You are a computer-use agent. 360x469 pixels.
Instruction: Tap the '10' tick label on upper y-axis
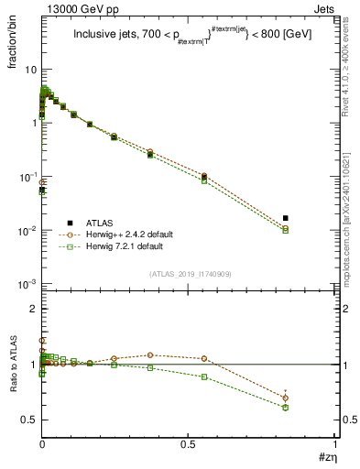tap(30, 71)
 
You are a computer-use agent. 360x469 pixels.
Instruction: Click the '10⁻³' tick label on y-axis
tap(27, 284)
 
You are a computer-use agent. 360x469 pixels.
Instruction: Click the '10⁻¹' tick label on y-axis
tap(27, 177)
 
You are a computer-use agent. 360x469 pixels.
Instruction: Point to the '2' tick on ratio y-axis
tap(33, 310)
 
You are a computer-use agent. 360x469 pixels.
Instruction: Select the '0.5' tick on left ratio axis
tap(29, 420)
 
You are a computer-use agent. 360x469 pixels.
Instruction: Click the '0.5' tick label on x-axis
tap(189, 442)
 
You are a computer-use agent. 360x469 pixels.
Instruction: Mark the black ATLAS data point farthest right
tap(312, 218)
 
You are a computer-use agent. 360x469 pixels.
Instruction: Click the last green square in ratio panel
tap(312, 408)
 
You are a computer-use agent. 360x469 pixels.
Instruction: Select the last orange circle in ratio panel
tap(312, 398)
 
